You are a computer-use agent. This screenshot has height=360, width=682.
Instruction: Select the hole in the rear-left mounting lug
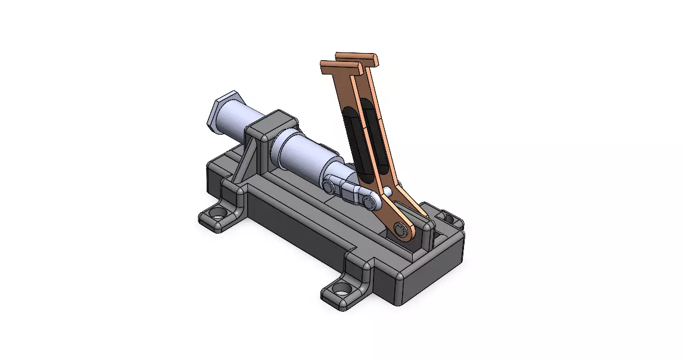click(x=217, y=213)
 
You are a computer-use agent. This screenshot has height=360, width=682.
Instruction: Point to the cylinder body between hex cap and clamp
click(x=238, y=122)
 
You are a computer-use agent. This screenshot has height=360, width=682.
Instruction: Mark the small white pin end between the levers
click(x=388, y=191)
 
